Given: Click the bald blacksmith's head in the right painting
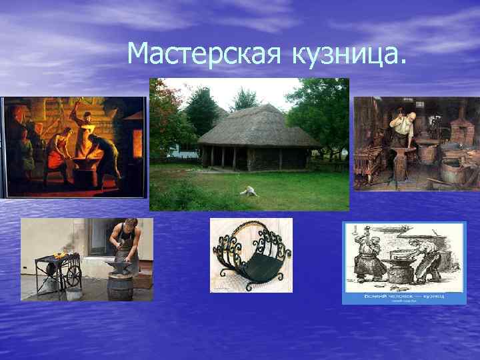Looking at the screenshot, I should [x=411, y=119].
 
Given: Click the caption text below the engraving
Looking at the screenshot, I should [x=404, y=294].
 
